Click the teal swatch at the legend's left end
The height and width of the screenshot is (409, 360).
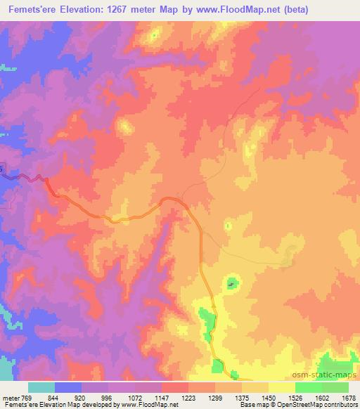tap(41, 387)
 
